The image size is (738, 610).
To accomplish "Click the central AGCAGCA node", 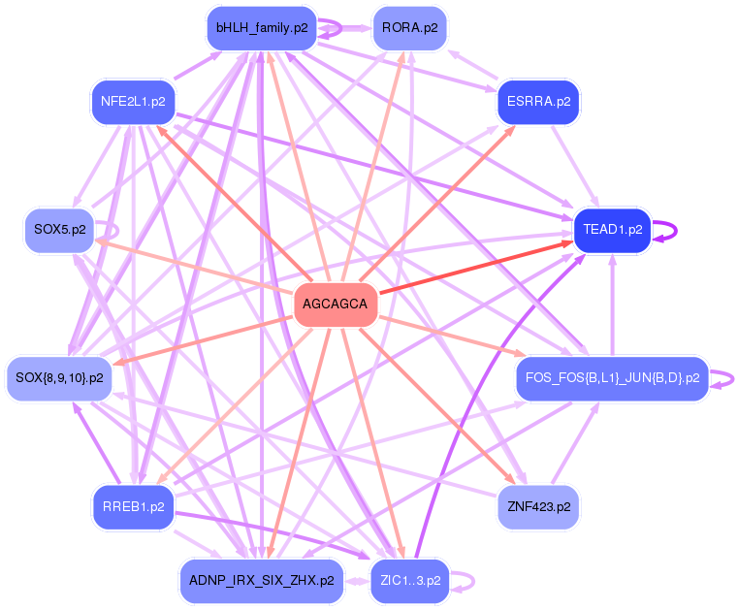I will tap(336, 305).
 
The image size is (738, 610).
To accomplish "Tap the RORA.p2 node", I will tap(409, 28).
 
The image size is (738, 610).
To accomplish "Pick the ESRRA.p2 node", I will tap(538, 101).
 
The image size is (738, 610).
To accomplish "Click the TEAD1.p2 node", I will tap(612, 230).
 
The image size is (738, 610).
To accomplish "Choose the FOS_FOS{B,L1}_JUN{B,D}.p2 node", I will tap(612, 378).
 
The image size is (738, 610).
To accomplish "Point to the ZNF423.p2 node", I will tap(538, 507).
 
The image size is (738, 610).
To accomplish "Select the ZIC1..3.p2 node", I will tap(409, 581).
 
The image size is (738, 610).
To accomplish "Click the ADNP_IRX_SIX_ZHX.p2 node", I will tap(262, 581).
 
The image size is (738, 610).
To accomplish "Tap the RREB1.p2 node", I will tap(133, 507).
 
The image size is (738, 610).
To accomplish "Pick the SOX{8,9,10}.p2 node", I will tap(59, 378).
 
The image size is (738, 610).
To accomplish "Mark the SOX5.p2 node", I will tap(59, 230).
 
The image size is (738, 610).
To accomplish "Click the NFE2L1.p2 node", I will tap(133, 101).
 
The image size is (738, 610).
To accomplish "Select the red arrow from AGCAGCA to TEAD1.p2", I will tap(475, 268).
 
